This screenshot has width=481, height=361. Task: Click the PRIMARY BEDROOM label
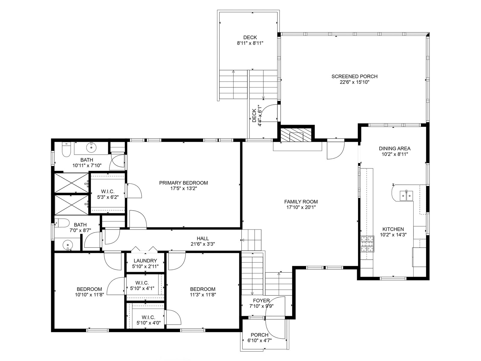[x=183, y=183]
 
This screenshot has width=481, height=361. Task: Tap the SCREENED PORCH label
[x=354, y=76]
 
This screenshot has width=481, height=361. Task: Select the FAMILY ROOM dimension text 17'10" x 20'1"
[x=301, y=207]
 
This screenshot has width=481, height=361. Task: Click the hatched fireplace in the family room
[x=296, y=135]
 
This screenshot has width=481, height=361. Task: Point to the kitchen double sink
[x=406, y=196]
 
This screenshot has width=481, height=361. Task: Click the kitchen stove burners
[x=367, y=244]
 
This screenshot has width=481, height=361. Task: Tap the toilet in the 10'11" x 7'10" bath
[x=66, y=150]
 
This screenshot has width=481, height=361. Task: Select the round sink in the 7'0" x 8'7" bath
[x=68, y=244]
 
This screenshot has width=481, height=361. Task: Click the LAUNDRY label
[x=145, y=261]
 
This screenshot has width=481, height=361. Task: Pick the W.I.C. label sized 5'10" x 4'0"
[x=148, y=317]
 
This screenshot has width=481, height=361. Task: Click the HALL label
[x=203, y=238]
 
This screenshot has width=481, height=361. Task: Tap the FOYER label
[x=261, y=301]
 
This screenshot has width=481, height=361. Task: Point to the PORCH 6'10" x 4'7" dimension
[x=259, y=341]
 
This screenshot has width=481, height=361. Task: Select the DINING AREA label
[x=395, y=148]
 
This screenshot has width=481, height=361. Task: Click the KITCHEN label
[x=393, y=229]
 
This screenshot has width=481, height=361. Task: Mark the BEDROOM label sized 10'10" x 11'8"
[x=89, y=289]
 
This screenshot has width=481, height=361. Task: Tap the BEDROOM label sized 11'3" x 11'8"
[x=203, y=289]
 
